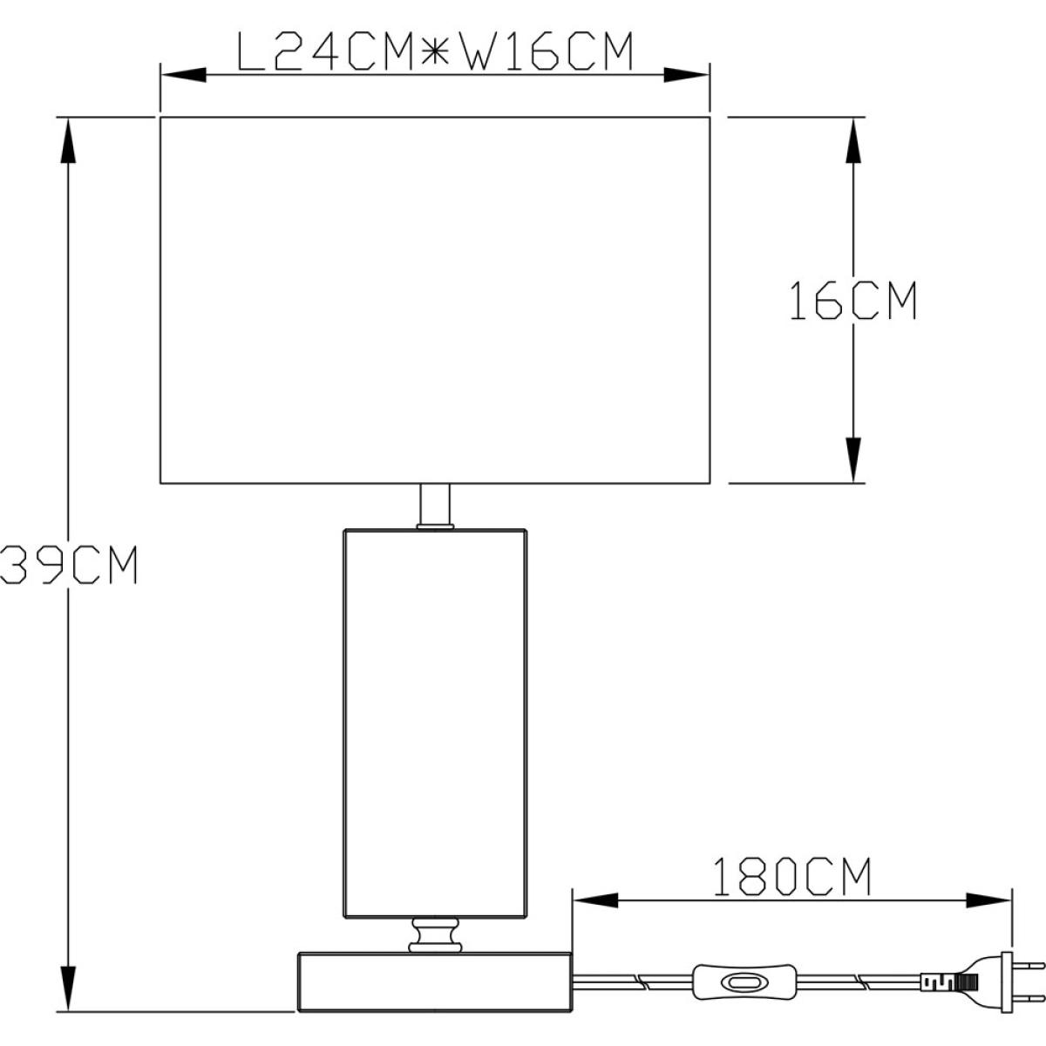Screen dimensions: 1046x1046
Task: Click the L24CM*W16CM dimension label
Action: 435,51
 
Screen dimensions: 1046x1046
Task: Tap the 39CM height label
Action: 69,565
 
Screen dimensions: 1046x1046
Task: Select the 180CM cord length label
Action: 792,876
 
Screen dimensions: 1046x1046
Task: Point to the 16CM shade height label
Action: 852,300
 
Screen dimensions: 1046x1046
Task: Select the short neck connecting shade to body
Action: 435,505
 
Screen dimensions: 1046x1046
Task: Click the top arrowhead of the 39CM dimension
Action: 67,140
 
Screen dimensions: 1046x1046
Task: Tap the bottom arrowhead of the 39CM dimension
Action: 67,988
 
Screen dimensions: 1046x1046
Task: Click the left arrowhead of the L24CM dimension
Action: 183,75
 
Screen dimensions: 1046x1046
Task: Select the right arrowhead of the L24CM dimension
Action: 687,75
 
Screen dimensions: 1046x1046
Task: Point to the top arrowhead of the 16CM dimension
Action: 853,140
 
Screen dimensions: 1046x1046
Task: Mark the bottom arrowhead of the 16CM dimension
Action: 853,459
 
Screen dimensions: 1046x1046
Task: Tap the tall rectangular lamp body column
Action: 435,723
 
